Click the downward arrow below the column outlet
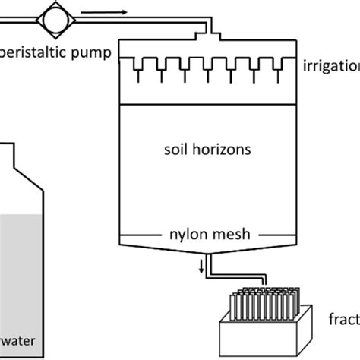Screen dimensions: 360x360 pos(201,266)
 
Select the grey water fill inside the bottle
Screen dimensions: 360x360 pos(23,266)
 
